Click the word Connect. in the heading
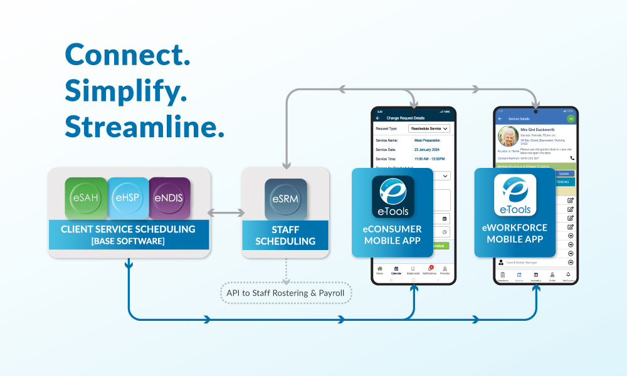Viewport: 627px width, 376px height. (127, 56)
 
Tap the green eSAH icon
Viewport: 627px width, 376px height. (85, 198)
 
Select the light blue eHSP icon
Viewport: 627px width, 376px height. (128, 198)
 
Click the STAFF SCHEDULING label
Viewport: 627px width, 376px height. (285, 235)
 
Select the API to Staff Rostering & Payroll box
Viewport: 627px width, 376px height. (286, 293)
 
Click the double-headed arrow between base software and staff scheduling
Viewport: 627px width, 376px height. (225, 212)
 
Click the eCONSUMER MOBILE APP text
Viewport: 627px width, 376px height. (393, 234)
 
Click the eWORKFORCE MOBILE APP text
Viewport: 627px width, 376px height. (515, 233)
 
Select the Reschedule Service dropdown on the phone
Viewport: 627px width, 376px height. (429, 128)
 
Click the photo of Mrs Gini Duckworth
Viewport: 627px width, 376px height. (508, 136)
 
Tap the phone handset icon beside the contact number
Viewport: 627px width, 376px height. (572, 159)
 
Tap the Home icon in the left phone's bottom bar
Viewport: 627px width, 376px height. (379, 269)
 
